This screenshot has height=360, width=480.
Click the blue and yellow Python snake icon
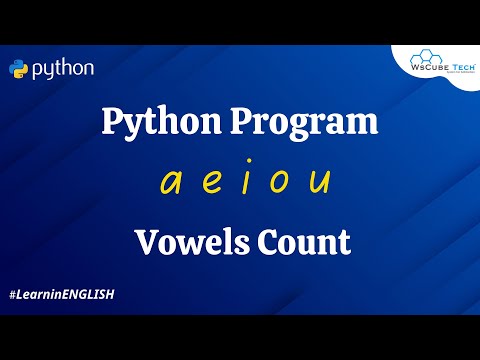(19, 69)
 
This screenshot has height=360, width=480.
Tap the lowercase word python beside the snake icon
(63, 70)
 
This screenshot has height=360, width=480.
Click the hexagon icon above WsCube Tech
(441, 56)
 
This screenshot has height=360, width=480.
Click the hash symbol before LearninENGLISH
(12, 295)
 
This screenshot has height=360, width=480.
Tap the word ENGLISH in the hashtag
(86, 295)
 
